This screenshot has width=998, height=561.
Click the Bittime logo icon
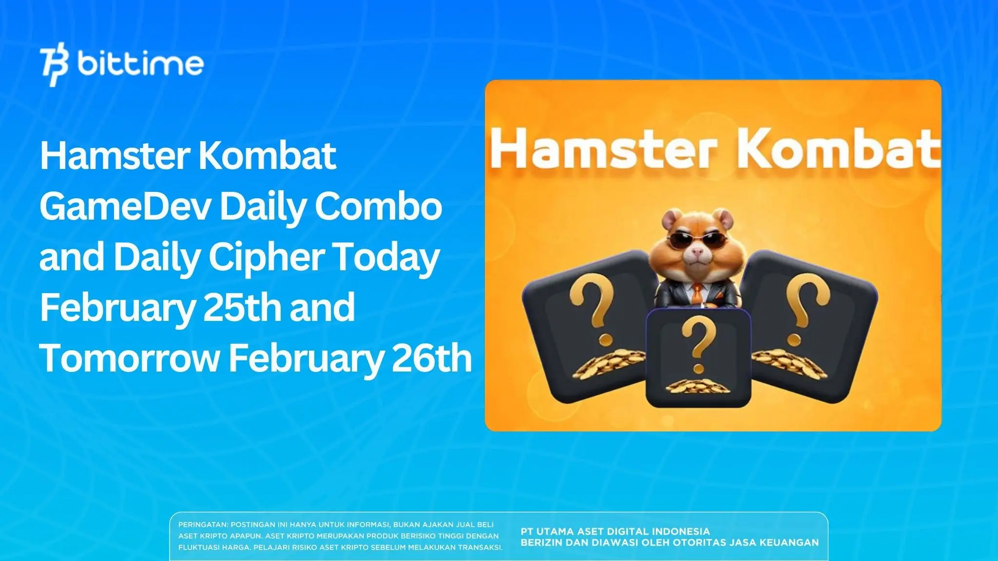[55, 66]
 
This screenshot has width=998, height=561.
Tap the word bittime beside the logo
[140, 64]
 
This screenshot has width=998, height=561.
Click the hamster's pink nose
[698, 252]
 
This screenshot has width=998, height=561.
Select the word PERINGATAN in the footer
[202, 525]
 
